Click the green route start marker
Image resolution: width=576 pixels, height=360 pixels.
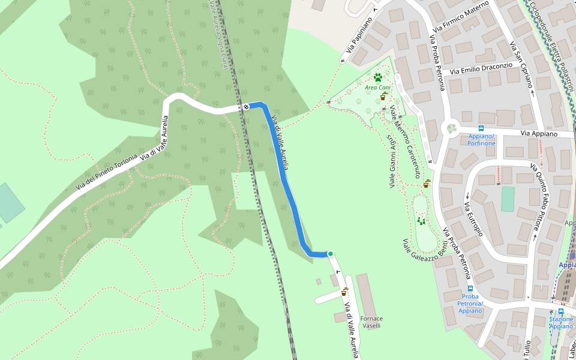[x=330, y=254]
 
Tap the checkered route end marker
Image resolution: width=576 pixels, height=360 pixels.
[x=246, y=107]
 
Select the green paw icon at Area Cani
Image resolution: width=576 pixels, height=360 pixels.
[x=378, y=77]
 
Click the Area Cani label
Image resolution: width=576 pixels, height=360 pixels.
[x=378, y=88]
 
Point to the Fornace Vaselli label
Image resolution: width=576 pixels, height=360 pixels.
[x=372, y=322]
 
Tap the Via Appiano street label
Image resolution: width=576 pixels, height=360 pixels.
[x=539, y=134]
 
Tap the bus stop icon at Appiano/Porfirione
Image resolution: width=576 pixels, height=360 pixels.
[x=481, y=128]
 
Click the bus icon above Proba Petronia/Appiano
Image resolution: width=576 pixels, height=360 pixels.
[x=470, y=288]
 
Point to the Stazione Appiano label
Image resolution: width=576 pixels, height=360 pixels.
[x=561, y=323]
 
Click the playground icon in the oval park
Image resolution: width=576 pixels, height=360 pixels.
[x=421, y=221]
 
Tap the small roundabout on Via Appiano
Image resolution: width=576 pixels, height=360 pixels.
[x=451, y=128]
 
